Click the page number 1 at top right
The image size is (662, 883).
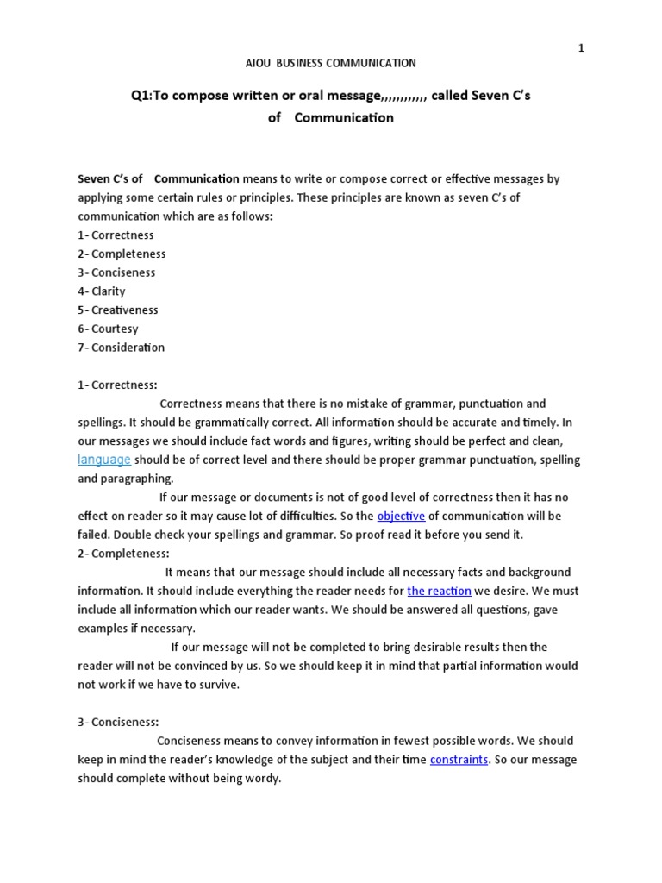pos(581,48)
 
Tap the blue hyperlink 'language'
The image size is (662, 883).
pos(104,460)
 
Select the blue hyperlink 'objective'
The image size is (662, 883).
pos(401,516)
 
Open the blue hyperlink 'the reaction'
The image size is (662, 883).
pos(439,591)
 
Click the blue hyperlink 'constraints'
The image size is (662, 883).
pos(459,760)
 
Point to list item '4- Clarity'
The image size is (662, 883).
pos(102,291)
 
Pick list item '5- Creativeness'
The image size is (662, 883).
pos(118,310)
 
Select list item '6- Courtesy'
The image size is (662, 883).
pos(108,329)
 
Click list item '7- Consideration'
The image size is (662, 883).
pos(121,348)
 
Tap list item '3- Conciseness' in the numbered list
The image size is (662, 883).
pos(116,272)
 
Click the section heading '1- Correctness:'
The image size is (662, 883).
pos(118,385)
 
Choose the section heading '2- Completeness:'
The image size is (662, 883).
pos(124,554)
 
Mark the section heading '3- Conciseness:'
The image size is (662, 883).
pos(119,723)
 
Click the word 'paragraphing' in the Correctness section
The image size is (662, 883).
pos(137,479)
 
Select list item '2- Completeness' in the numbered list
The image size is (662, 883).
pos(122,254)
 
